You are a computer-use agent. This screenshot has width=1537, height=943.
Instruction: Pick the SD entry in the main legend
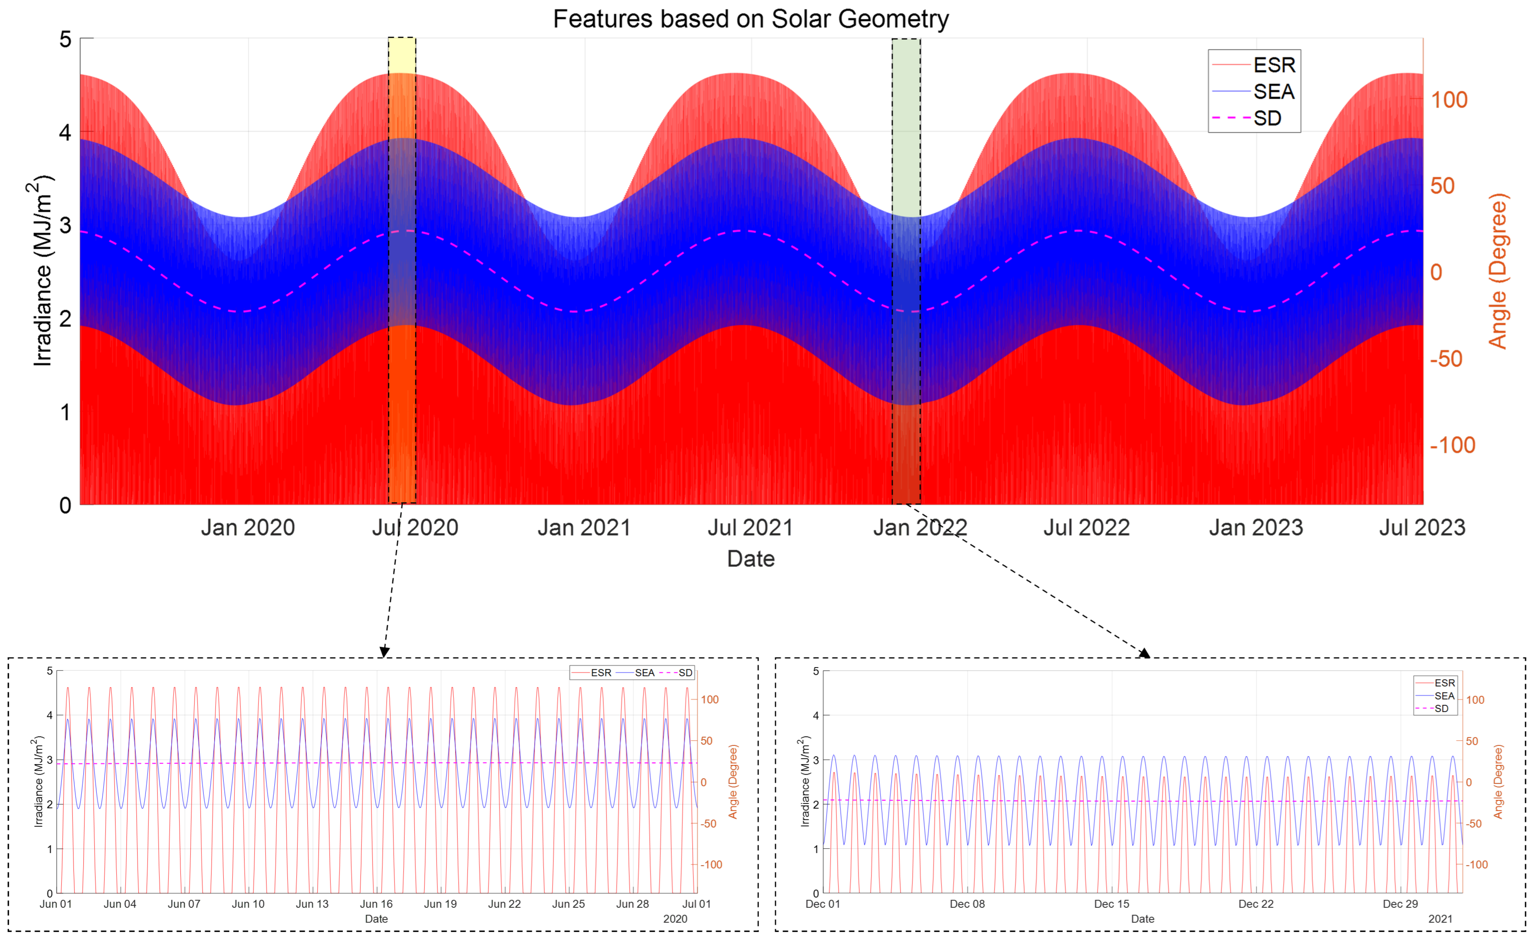(x=1266, y=118)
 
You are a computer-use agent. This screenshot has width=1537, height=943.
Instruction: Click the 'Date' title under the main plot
(x=750, y=559)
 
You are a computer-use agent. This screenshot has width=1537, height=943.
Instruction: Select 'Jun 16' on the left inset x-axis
(x=376, y=904)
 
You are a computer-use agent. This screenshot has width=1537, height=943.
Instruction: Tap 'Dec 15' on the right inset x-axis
(x=1112, y=904)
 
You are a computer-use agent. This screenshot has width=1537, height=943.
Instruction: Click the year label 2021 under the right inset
(x=1440, y=919)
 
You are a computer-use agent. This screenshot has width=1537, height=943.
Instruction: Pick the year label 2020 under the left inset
(x=675, y=919)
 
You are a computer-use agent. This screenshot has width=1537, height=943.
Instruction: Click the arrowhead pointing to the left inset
(x=384, y=651)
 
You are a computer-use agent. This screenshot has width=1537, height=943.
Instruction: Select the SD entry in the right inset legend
(x=1441, y=708)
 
